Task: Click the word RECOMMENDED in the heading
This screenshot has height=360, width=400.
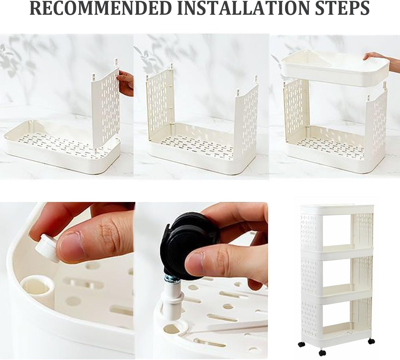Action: click(x=101, y=8)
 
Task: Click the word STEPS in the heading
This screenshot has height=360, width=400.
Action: click(x=342, y=8)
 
